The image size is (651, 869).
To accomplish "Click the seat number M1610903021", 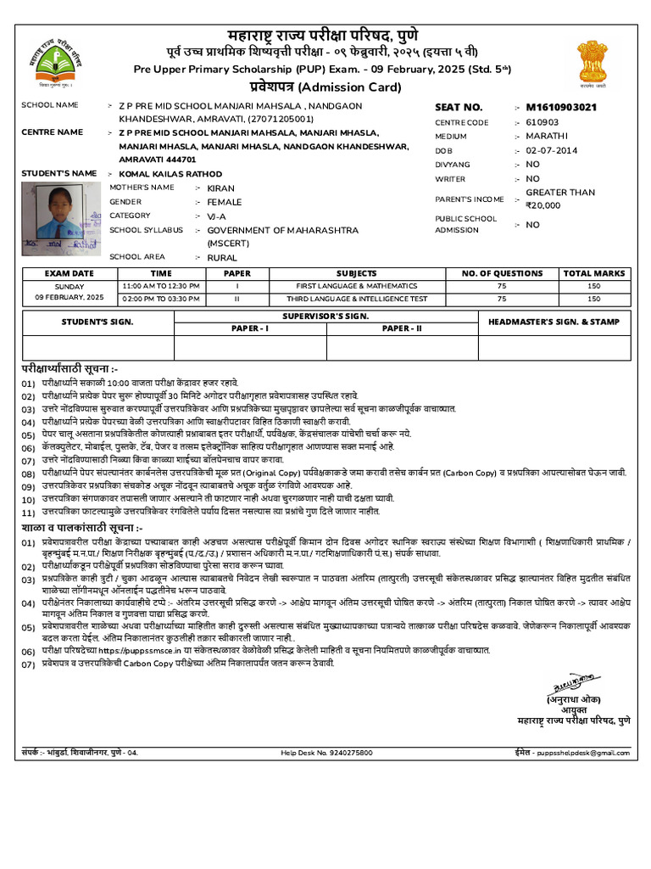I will point(561,108).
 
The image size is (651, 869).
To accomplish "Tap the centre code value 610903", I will point(542,122).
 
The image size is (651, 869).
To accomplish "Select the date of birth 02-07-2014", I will point(551,150).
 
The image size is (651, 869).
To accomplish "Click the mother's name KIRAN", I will point(220,188).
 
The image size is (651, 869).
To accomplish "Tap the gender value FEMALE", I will point(224,202).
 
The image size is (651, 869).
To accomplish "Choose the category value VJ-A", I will point(218,216).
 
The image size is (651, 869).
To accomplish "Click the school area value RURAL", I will point(222,257).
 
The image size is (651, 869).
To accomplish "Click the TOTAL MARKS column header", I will point(594,273).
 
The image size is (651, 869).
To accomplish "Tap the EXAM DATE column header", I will point(70,273).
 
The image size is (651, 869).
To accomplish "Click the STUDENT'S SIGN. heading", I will point(98,322).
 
